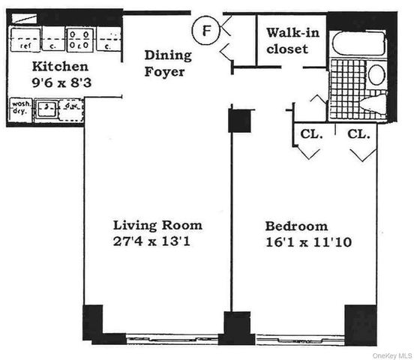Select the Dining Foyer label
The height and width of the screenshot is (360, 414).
tap(168, 64)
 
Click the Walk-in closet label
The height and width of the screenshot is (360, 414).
tap(294, 41)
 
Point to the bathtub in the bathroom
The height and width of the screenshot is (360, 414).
tap(358, 43)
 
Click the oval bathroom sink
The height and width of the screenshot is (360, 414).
tap(376, 74)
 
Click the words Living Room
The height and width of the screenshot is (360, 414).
tap(157, 225)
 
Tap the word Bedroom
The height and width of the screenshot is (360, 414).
tap(296, 226)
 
